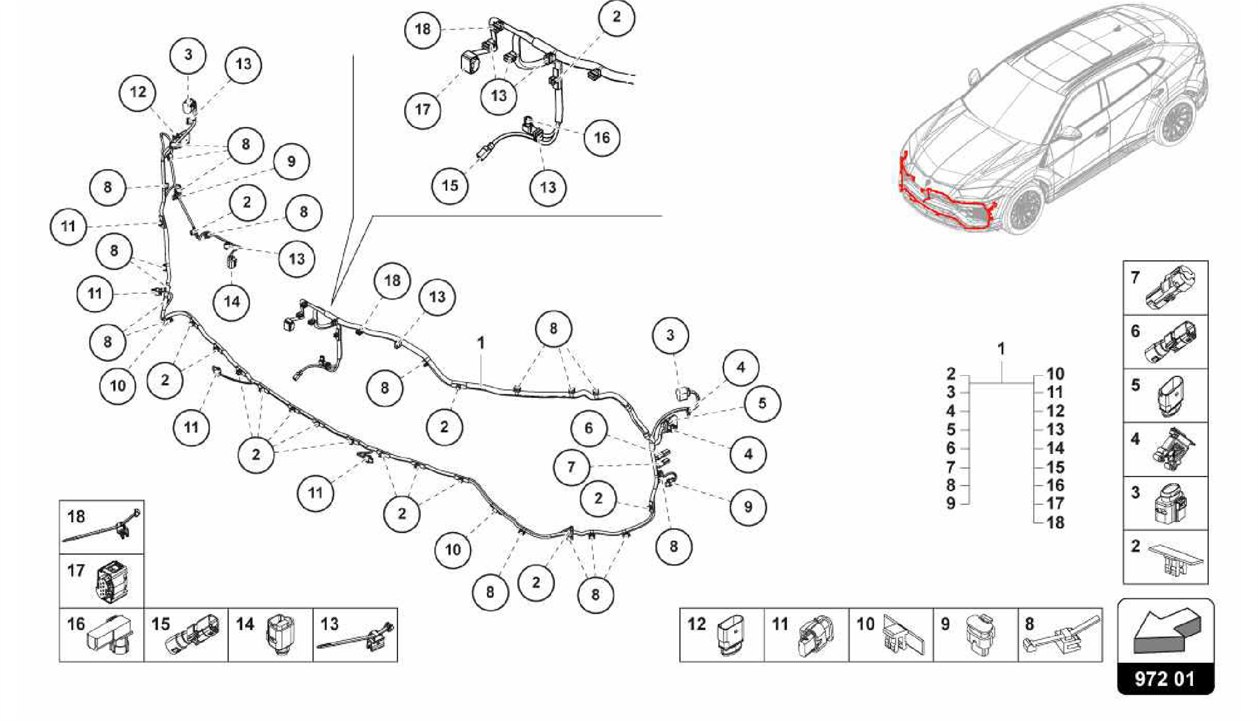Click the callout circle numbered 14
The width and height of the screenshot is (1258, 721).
click(x=232, y=302)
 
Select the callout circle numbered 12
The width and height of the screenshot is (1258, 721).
click(x=138, y=92)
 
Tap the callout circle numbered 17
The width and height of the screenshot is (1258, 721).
click(x=423, y=110)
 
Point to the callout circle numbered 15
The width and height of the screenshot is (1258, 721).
click(x=450, y=185)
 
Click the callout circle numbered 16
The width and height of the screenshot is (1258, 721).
click(x=601, y=138)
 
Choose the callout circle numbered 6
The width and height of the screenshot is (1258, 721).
click(x=588, y=428)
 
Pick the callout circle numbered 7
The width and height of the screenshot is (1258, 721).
click(x=571, y=467)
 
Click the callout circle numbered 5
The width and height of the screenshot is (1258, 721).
click(x=762, y=403)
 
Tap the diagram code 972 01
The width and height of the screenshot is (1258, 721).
click(x=1165, y=679)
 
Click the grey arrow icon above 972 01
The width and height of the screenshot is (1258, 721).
click(x=1165, y=631)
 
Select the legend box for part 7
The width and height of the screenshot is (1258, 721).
click(x=1165, y=287)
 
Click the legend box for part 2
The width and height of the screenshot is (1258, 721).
click(x=1165, y=557)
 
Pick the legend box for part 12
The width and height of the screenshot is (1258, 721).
click(x=722, y=635)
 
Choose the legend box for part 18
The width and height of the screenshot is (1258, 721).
click(x=101, y=527)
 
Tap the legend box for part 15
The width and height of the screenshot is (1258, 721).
click(x=186, y=635)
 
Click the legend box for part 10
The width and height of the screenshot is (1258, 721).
click(x=891, y=635)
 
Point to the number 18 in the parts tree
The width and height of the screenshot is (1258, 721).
click(x=1055, y=523)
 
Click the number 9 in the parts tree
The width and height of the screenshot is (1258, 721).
click(x=950, y=504)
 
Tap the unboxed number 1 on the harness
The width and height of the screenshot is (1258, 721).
click(x=480, y=343)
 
